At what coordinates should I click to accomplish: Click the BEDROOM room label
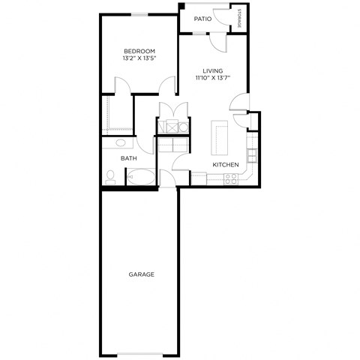pos(139,51)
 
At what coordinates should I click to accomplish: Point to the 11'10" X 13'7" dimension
pos(212,77)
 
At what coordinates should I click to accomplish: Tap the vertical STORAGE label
pos(239,18)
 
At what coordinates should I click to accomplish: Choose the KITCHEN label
pos(225,164)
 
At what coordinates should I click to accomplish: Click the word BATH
pos(129,158)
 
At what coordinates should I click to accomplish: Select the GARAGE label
pos(140,274)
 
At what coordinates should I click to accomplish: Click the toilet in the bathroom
pos(111,177)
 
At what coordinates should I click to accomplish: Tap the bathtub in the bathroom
pos(140,177)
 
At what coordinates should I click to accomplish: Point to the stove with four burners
pos(231,178)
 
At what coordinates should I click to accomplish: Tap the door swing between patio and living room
pos(217,41)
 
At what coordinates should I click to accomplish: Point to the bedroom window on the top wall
pos(139,13)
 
